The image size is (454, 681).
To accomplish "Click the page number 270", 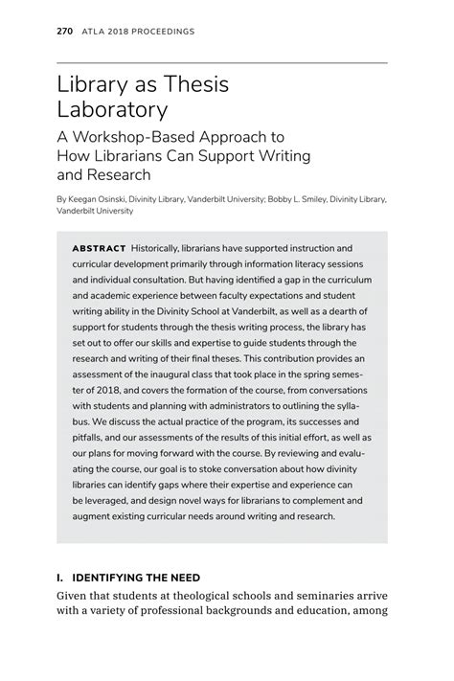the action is [x=64, y=32].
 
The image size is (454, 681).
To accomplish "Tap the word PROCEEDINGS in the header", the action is [x=160, y=32].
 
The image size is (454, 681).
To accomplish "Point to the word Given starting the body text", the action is [x=75, y=597].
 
